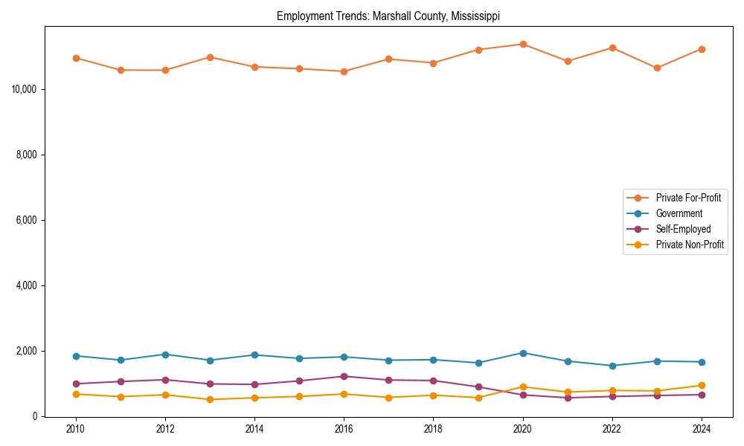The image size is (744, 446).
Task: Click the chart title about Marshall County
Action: (388, 16)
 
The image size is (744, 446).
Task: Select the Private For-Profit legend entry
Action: (687, 198)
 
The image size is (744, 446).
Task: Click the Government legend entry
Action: (679, 213)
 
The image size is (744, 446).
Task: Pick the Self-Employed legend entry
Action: (683, 229)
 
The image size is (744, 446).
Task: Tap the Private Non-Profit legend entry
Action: (690, 245)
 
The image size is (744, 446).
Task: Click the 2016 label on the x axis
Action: (344, 429)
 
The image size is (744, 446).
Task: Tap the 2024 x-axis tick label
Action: (701, 429)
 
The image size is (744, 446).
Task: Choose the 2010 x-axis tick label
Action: (76, 429)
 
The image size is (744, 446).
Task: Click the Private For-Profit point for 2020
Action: (523, 44)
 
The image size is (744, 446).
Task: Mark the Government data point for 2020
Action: (523, 353)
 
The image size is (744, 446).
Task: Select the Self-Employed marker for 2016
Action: (344, 376)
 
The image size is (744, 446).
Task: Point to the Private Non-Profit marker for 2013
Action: (210, 399)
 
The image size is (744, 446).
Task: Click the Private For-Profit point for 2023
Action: (657, 68)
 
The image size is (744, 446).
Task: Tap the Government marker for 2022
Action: (612, 366)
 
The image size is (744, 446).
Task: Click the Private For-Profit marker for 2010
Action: (76, 58)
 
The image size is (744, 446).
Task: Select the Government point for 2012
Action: (165, 355)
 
